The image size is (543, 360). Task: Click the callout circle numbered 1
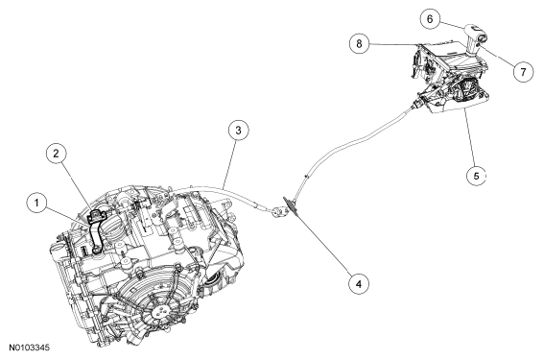(x=37, y=204)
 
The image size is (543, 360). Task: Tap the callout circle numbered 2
(x=56, y=154)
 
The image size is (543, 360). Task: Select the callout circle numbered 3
(x=238, y=131)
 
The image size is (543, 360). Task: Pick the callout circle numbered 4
(x=359, y=284)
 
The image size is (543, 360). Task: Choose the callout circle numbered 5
(x=476, y=176)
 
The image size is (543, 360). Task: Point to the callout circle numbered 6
(x=430, y=18)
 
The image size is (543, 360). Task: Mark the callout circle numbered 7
(x=523, y=72)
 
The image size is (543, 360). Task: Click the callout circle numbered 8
(x=359, y=43)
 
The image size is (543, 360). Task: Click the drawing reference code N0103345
(x=30, y=348)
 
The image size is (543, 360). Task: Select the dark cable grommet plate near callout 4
(x=292, y=206)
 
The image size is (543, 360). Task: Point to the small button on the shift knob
(x=480, y=44)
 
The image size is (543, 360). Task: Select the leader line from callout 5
(x=470, y=137)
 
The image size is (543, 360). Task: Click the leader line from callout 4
(x=324, y=242)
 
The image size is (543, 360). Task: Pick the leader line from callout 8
(x=394, y=44)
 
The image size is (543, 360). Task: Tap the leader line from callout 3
(x=229, y=164)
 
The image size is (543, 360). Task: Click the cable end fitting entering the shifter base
(x=416, y=104)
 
